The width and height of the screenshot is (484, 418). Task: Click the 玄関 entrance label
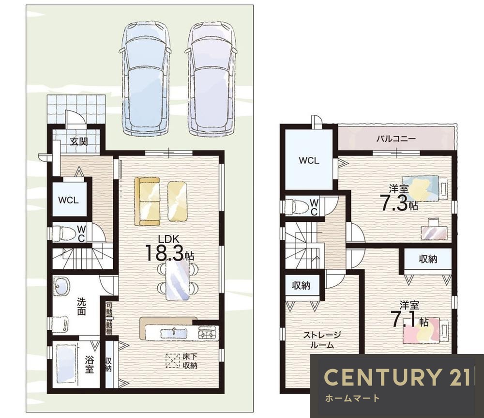coord(79,142)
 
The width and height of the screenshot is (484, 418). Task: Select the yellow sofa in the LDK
coord(147,201)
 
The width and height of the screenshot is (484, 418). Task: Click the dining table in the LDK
coord(178,280)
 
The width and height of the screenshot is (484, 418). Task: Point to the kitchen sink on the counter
coord(173,333)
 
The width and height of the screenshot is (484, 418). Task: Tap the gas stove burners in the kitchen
coord(208,334)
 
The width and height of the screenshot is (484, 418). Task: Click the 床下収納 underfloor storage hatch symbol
coord(173,360)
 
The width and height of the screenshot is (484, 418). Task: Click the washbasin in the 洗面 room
coord(62,286)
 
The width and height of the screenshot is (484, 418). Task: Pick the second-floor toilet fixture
coord(297,206)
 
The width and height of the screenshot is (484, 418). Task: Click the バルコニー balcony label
coord(395,139)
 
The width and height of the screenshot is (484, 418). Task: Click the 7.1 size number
coord(404,319)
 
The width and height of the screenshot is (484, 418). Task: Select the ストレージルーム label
coord(322,340)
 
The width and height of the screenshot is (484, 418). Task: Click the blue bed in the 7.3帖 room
coord(424,188)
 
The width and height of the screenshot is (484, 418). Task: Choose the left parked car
coord(146,79)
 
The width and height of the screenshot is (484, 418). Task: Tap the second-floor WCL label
coord(309,160)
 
